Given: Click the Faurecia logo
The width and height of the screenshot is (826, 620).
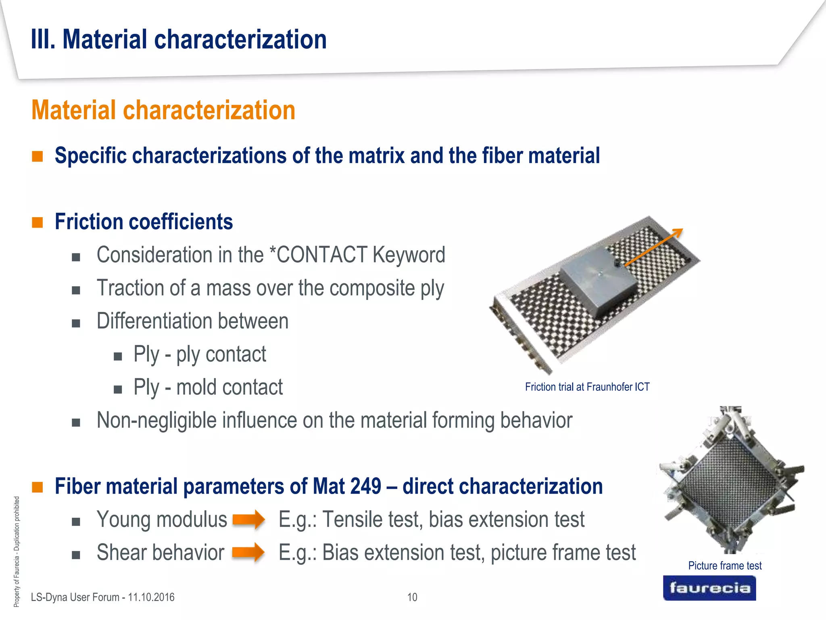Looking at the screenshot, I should point(709,588).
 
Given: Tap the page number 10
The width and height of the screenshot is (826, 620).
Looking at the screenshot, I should point(412,597).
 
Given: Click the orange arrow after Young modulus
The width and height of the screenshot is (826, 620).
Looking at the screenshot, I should point(249,519).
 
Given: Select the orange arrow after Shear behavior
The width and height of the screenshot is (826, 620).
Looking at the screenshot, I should point(248,552).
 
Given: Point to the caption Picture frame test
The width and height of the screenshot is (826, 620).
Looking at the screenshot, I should point(724,566).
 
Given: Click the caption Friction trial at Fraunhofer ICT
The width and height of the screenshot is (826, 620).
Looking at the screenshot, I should point(587,387).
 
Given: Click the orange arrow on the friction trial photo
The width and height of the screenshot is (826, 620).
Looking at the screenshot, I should point(653,247).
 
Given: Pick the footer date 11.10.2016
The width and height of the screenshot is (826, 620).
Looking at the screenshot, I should point(151,597).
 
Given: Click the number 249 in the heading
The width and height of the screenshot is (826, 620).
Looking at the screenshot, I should point(365,486).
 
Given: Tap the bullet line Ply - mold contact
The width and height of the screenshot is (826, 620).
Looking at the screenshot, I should point(208,387).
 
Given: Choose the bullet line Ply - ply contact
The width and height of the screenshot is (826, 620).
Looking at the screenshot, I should point(200,354).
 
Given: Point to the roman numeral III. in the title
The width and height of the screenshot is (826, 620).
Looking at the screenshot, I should point(43,40).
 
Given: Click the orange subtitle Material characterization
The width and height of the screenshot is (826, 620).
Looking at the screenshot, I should point(163,110).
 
